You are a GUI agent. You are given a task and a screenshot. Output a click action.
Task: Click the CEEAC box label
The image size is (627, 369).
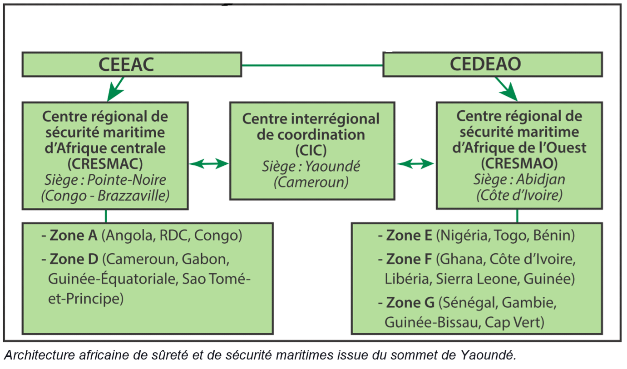pyautogui.click(x=126, y=64)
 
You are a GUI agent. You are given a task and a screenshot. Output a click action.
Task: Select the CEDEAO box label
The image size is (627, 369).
pyautogui.click(x=485, y=64)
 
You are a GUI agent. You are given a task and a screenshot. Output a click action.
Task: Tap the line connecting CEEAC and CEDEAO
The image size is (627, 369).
pyautogui.click(x=312, y=65)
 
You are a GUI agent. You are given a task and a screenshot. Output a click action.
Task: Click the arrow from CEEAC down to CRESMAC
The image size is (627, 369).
pyautogui.click(x=116, y=89)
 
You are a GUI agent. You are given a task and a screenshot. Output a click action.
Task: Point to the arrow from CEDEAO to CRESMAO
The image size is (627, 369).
pyautogui.click(x=506, y=89)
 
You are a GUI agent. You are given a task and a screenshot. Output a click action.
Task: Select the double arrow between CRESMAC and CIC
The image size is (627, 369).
pyautogui.click(x=209, y=164)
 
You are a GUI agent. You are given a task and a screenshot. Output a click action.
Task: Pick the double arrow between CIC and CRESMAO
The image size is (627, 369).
pyautogui.click(x=415, y=164)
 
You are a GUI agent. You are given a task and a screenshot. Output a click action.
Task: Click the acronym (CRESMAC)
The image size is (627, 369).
pyautogui.click(x=105, y=164)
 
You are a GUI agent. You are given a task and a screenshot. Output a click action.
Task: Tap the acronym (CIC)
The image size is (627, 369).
pyautogui.click(x=311, y=151)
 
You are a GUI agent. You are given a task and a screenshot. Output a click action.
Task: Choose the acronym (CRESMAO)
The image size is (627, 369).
pyautogui.click(x=519, y=163)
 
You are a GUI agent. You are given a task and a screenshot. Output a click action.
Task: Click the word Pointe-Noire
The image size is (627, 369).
pyautogui.click(x=127, y=180)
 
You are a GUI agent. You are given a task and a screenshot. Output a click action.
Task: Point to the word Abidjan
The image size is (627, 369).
pyautogui.click(x=540, y=180)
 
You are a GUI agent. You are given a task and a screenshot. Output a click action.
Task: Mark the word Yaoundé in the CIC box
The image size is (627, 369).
pyautogui.click(x=332, y=166)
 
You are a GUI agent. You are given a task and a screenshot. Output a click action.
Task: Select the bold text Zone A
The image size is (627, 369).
pyautogui.click(x=74, y=235)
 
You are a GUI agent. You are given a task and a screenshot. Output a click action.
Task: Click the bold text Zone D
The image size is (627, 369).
pyautogui.click(x=74, y=259)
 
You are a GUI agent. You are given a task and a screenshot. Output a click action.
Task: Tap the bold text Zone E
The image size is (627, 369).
pyautogui.click(x=409, y=235)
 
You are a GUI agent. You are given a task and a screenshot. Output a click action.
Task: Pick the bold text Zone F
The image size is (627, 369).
pyautogui.click(x=409, y=259)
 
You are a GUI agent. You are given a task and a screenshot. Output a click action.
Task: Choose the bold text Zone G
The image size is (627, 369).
pyautogui.click(x=410, y=302)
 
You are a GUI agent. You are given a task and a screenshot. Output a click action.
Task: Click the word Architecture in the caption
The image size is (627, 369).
pyautogui.click(x=40, y=355)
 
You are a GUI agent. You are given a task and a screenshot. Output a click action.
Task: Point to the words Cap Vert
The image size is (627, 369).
pyautogui.click(x=514, y=322)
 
